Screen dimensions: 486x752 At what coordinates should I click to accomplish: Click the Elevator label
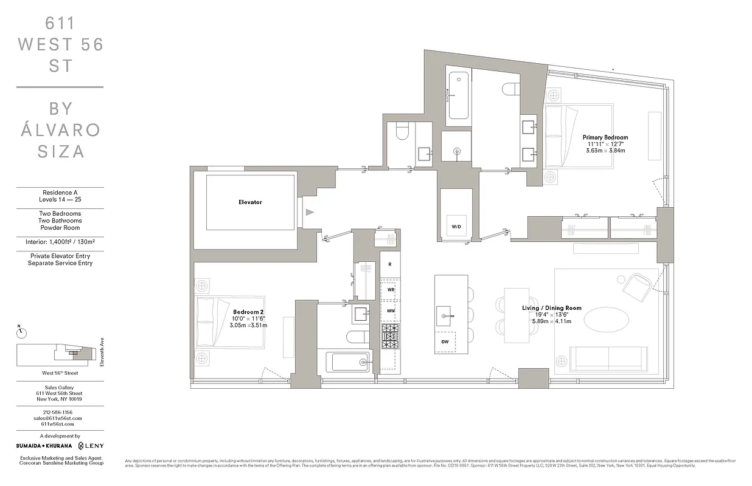pyautogui.click(x=250, y=202)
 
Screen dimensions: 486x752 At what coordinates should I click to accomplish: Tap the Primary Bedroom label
pyautogui.click(x=605, y=138)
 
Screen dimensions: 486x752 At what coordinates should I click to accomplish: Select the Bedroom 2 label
pyautogui.click(x=248, y=312)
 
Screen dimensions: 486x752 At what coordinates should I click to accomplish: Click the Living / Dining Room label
pyautogui.click(x=551, y=308)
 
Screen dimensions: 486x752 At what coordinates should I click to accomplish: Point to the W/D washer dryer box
pyautogui.click(x=456, y=226)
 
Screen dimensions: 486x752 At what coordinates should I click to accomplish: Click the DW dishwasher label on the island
pyautogui.click(x=445, y=341)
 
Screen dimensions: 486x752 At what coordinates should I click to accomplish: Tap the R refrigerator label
pyautogui.click(x=389, y=265)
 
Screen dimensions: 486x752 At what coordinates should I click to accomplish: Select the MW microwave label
pyautogui.click(x=391, y=311)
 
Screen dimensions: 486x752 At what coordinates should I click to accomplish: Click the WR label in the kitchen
pyautogui.click(x=391, y=290)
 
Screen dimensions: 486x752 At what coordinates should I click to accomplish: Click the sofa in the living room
pyautogui.click(x=608, y=357)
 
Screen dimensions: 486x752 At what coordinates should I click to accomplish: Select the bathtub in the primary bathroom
pyautogui.click(x=458, y=95)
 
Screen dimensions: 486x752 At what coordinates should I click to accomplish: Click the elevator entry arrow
pyautogui.click(x=310, y=212)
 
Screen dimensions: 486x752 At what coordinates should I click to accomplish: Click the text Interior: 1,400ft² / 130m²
pyautogui.click(x=60, y=242)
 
